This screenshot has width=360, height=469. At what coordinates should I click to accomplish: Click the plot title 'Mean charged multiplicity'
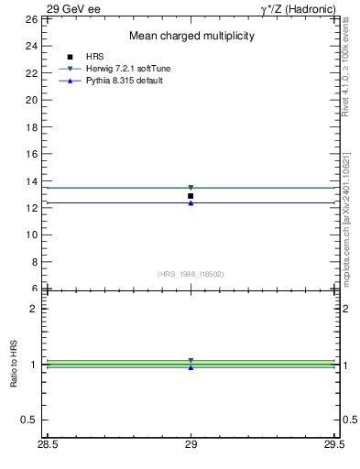click(x=191, y=36)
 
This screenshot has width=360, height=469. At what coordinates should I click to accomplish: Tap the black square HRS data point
click(x=191, y=196)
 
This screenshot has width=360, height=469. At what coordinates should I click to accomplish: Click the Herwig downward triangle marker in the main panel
click(x=191, y=188)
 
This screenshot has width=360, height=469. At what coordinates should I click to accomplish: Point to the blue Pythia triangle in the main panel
click(x=191, y=202)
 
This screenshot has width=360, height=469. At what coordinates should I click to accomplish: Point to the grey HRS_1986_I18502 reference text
click(x=191, y=274)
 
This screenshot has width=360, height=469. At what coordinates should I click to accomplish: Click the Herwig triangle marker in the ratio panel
click(x=191, y=361)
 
